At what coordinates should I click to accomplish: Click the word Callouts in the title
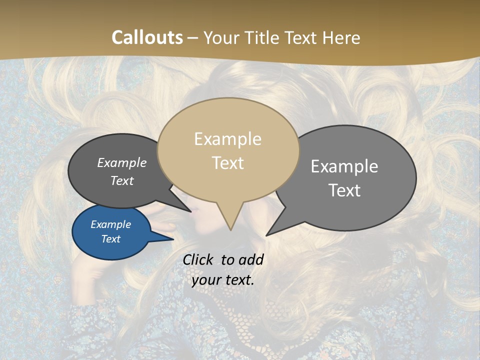coord(147,37)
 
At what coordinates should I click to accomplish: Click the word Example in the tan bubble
coord(227,139)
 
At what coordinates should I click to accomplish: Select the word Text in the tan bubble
coord(228,163)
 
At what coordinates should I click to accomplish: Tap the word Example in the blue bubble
coord(111,224)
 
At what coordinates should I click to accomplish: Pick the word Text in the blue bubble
coord(111,239)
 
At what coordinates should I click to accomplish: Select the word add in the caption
coord(250,260)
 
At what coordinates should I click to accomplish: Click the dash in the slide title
coord(193,37)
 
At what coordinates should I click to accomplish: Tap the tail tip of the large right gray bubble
coord(267,234)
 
